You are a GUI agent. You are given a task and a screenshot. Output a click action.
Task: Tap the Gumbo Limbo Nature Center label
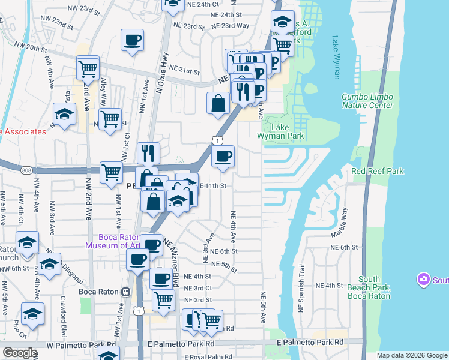(367, 101)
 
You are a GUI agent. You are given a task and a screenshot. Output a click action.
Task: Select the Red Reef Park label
(378, 171)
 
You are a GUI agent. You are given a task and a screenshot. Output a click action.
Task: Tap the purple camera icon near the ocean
(424, 280)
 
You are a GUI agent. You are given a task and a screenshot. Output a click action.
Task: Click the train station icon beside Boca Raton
(125, 292)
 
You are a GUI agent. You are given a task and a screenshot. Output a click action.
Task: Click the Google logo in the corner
(19, 353)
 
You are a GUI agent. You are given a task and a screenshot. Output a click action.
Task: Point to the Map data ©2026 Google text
(412, 355)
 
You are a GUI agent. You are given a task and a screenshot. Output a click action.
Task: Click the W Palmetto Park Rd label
(81, 346)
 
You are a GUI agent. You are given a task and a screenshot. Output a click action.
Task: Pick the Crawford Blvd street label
(62, 311)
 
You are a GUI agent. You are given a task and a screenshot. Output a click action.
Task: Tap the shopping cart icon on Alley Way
(110, 119)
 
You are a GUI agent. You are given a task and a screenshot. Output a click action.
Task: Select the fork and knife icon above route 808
(148, 153)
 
